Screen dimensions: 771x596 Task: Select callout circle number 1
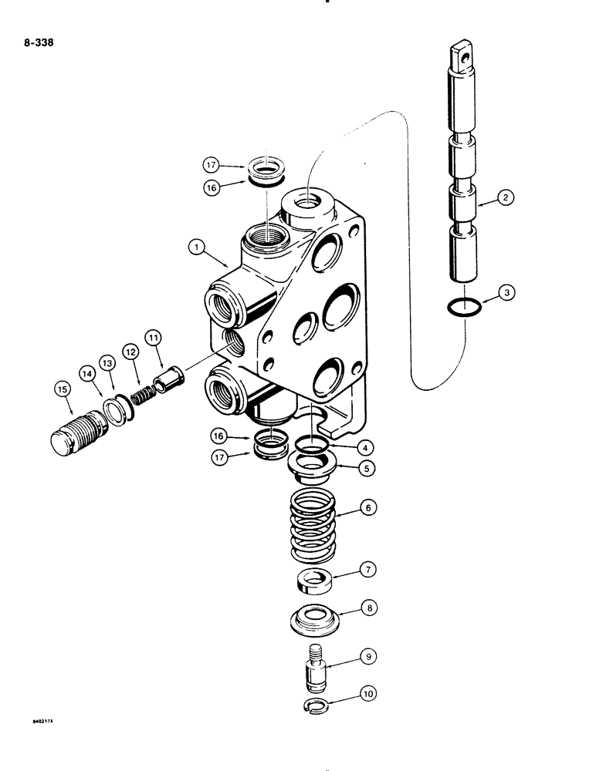pyautogui.click(x=199, y=247)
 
